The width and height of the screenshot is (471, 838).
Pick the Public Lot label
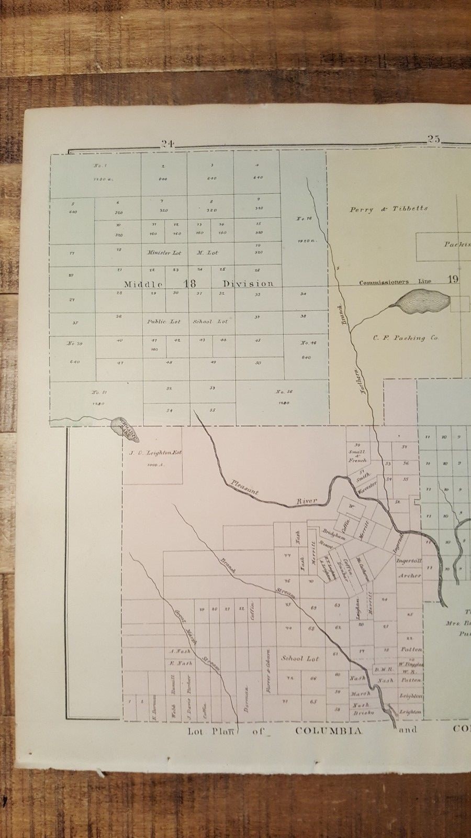[164, 322]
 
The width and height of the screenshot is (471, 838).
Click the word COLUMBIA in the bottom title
[329, 731]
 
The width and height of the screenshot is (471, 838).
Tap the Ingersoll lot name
[409, 561]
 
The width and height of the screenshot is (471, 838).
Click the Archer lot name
[409, 576]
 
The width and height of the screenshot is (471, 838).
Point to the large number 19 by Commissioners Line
[453, 279]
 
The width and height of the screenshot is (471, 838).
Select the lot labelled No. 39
[73, 344]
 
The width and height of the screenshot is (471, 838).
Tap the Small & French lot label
[357, 456]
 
